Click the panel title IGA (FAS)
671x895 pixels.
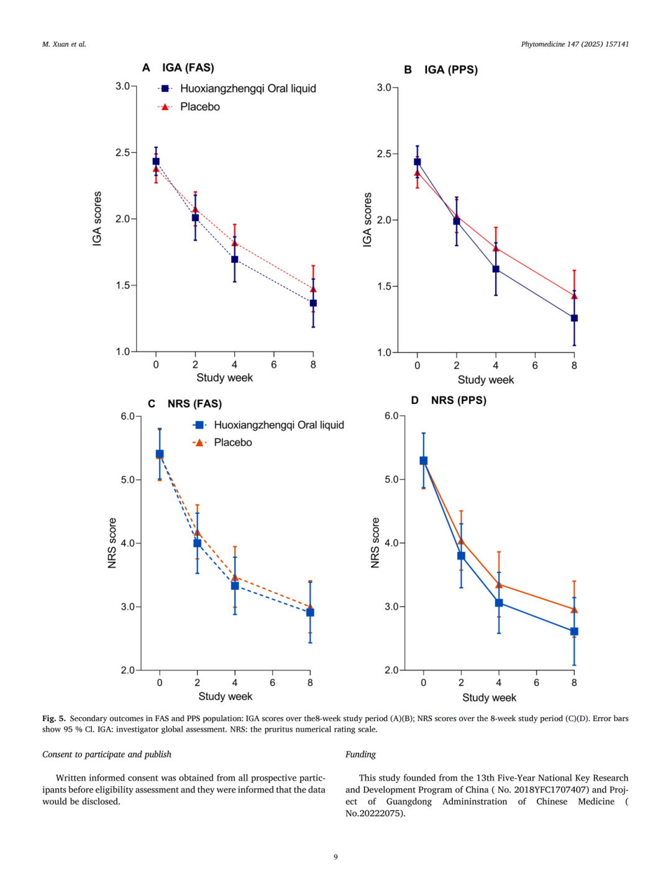[188, 68]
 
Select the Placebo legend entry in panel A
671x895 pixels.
[199, 107]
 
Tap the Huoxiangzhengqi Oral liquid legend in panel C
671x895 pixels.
[278, 425]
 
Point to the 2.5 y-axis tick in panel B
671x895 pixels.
[384, 154]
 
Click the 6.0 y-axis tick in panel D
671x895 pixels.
[391, 416]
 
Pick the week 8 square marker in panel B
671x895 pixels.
[574, 318]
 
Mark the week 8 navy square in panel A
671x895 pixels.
[313, 303]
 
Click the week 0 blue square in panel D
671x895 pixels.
[424, 461]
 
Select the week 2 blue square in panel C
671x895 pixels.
[198, 543]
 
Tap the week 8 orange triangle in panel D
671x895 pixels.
[574, 610]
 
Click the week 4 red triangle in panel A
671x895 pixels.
[235, 243]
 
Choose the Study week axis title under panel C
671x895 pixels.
[225, 696]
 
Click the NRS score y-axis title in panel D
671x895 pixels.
[375, 543]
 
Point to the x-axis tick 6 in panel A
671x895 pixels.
[274, 365]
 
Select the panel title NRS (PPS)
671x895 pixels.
[459, 400]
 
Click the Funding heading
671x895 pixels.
[360, 754]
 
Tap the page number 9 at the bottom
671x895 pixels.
[335, 856]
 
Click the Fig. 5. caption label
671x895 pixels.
[53, 718]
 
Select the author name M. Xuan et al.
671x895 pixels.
[64, 44]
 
